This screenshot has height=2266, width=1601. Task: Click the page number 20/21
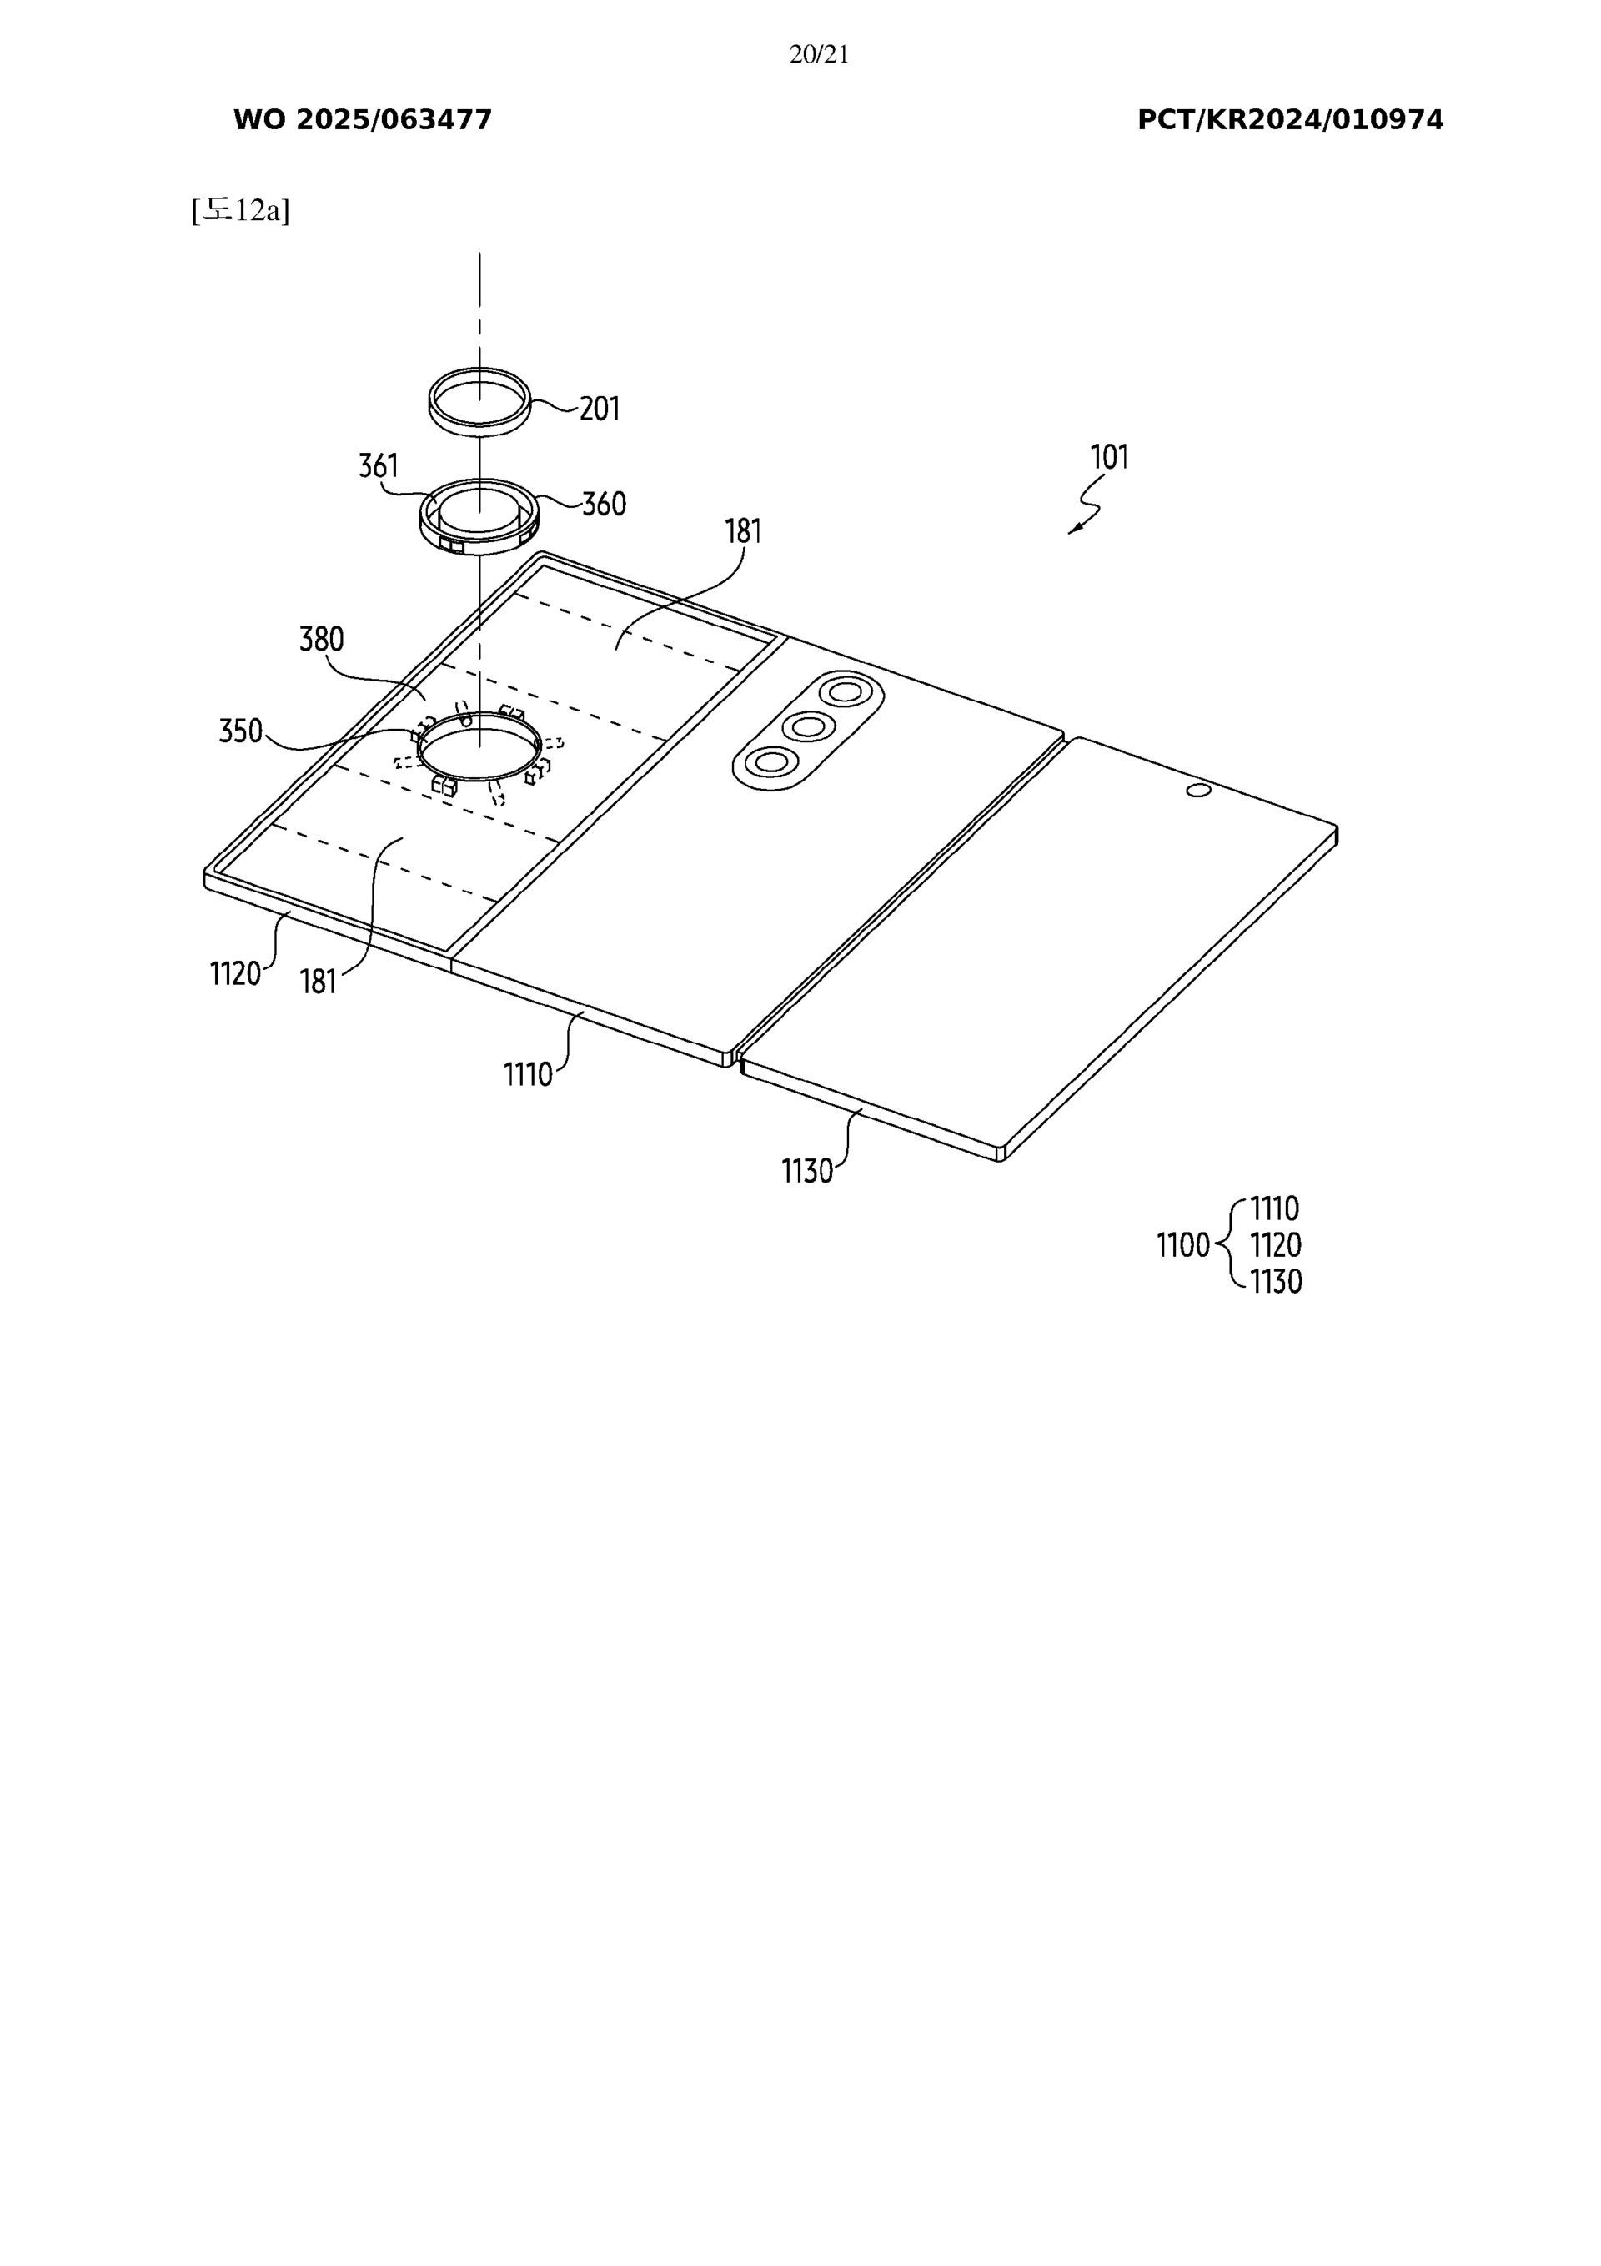pyautogui.click(x=818, y=55)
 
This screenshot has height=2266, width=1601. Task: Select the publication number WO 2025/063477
pyautogui.click(x=362, y=120)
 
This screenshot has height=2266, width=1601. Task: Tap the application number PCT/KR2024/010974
pyautogui.click(x=1290, y=120)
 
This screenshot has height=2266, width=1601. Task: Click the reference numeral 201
pyautogui.click(x=600, y=409)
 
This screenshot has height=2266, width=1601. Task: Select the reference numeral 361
pyautogui.click(x=378, y=466)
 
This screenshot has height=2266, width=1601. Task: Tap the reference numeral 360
pyautogui.click(x=603, y=505)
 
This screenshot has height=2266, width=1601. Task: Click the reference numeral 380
pyautogui.click(x=322, y=640)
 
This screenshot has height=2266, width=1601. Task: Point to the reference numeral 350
pyautogui.click(x=241, y=731)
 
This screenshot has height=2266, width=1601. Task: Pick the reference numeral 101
pyautogui.click(x=1108, y=458)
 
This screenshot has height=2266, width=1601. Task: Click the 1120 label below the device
pyautogui.click(x=235, y=974)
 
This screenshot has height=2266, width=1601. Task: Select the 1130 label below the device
pyautogui.click(x=806, y=1172)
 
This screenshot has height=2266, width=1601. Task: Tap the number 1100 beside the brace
pyautogui.click(x=1182, y=1245)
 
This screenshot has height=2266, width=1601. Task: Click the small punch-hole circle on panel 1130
pyautogui.click(x=1198, y=790)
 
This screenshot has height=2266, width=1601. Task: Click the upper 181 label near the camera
pyautogui.click(x=743, y=532)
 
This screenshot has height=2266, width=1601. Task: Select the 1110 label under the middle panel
pyautogui.click(x=528, y=1073)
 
